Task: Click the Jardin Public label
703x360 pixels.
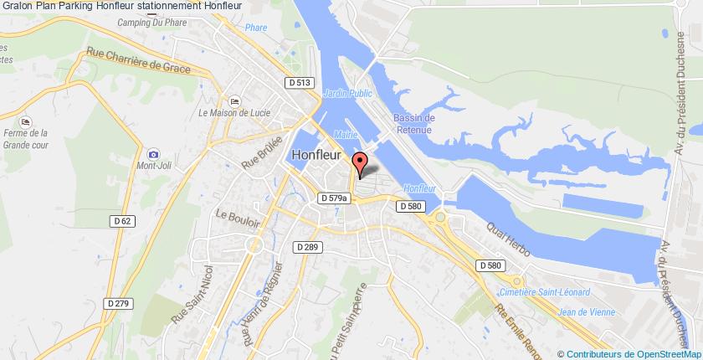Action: (x=346, y=94)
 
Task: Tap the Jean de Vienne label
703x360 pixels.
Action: (x=586, y=312)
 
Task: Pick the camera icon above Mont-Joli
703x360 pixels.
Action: (x=152, y=154)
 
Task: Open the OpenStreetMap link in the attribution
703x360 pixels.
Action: (x=660, y=353)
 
